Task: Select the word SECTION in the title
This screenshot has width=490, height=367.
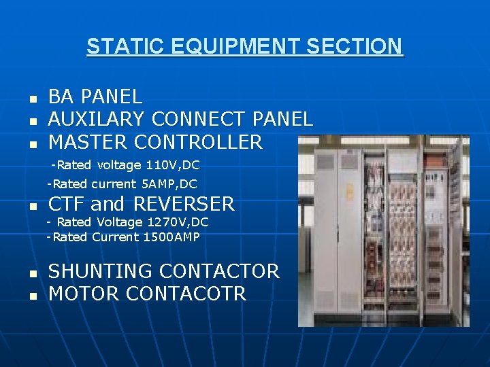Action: pyautogui.click(x=355, y=47)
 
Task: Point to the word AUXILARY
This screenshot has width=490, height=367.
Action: pyautogui.click(x=96, y=120)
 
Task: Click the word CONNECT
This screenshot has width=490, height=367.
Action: pyautogui.click(x=199, y=120)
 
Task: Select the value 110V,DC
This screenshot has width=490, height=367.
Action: pyautogui.click(x=172, y=165)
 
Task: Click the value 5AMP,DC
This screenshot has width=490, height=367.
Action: pyautogui.click(x=169, y=183)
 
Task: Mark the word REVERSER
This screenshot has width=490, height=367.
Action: pyautogui.click(x=183, y=204)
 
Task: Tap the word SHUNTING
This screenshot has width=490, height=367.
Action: pyautogui.click(x=100, y=271)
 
